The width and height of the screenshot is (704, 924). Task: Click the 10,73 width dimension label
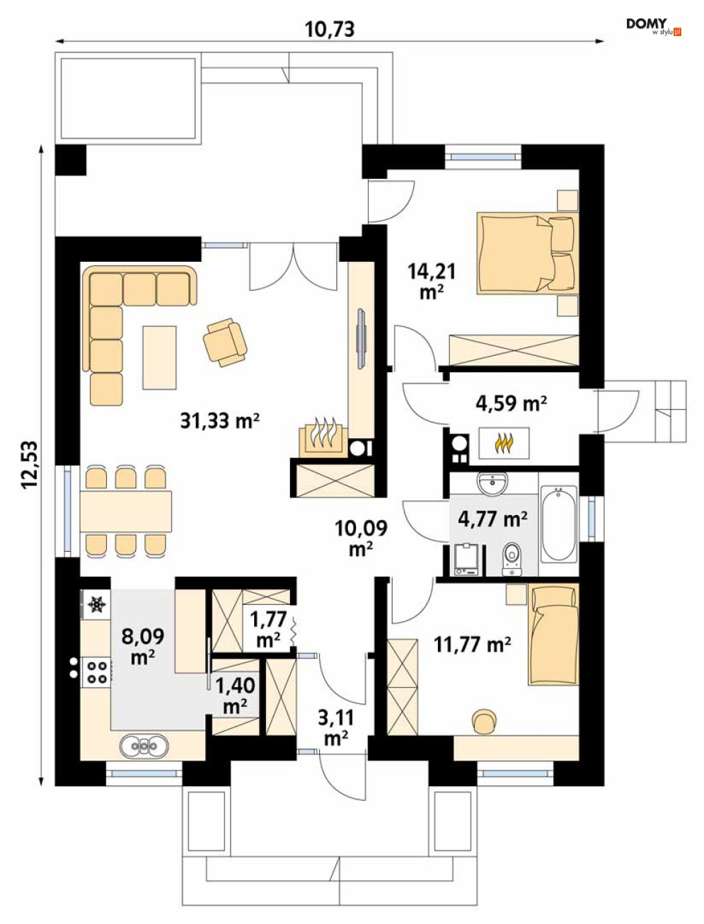330,29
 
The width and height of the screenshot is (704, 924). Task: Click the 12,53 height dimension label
30,465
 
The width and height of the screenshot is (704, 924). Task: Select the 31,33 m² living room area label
220,420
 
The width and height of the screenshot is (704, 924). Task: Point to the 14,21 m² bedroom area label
432,281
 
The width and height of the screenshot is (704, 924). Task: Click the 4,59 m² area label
512,403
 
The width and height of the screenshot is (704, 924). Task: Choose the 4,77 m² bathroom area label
492,519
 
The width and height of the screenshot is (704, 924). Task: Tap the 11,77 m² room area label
473,644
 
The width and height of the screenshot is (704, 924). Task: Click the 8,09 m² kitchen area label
143,646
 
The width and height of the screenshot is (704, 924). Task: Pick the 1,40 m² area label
235,696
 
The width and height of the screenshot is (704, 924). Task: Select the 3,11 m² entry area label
336,727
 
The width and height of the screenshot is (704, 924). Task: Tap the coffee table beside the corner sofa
159,358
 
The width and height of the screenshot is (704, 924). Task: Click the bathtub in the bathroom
558,524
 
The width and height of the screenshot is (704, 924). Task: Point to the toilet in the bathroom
512,558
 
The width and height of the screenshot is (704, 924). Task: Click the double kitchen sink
144,746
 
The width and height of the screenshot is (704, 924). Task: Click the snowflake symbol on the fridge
96,604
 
